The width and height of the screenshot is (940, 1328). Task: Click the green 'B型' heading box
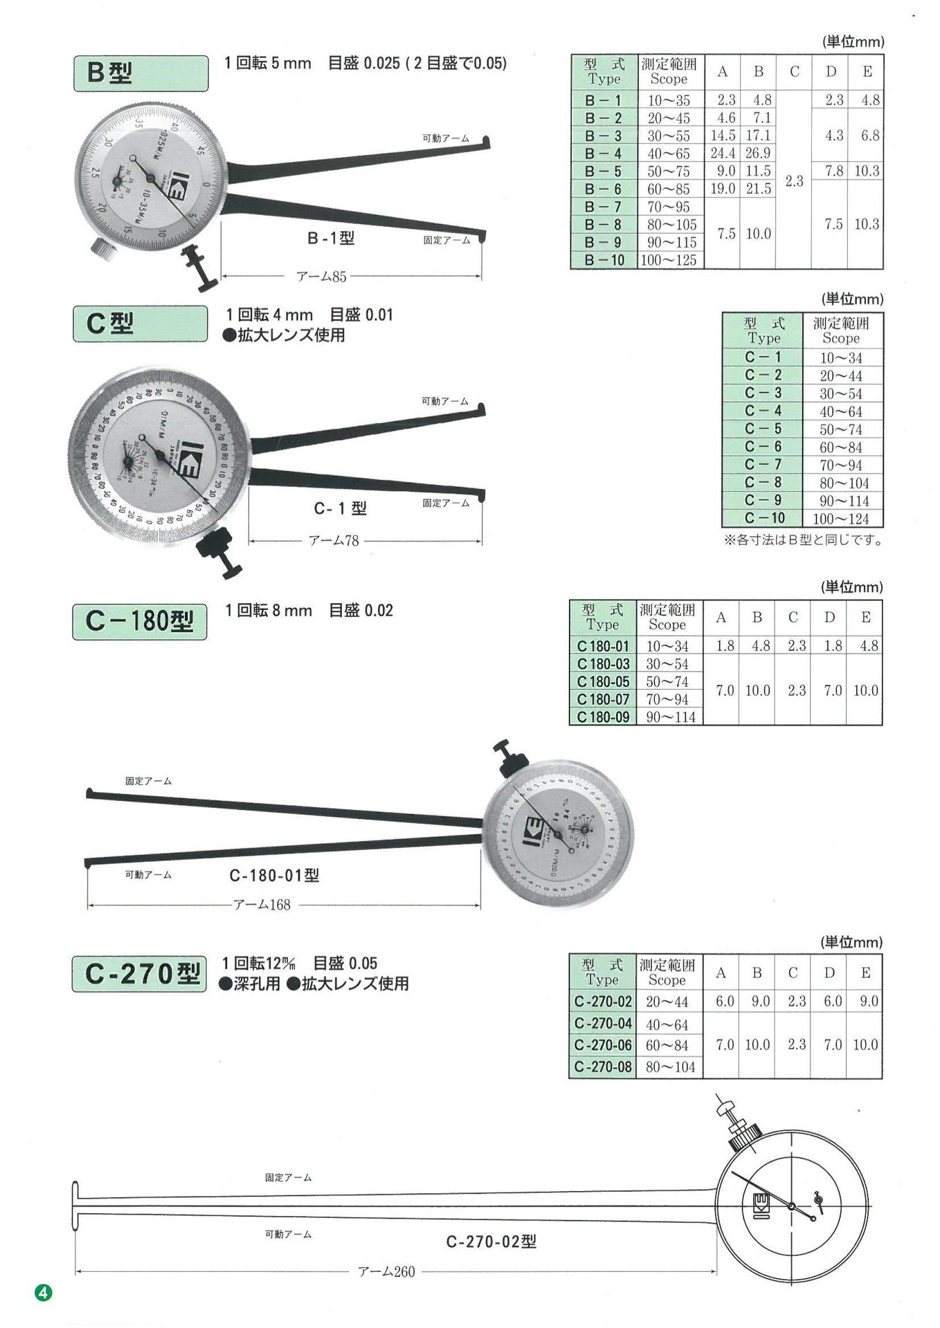click(x=141, y=73)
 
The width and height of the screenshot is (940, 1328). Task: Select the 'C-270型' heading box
click(x=139, y=974)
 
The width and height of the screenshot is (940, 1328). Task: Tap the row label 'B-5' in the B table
click(x=603, y=172)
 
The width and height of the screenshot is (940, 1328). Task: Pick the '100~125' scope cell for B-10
click(x=669, y=261)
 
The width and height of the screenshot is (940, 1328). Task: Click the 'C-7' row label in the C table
click(x=763, y=465)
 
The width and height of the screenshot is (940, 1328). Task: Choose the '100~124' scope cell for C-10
click(x=841, y=519)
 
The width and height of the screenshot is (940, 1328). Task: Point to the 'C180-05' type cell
click(x=603, y=682)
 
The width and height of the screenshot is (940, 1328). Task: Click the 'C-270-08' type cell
click(x=603, y=1067)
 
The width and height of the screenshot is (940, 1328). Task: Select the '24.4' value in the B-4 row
click(x=722, y=154)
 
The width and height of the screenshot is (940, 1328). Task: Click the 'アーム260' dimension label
click(x=386, y=1272)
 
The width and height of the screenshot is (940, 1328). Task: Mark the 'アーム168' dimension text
click(x=262, y=905)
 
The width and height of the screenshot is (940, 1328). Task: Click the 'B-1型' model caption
click(x=331, y=239)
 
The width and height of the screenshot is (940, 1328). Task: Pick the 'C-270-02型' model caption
click(x=491, y=1242)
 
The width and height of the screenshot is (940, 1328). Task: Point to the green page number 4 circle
click(x=44, y=1292)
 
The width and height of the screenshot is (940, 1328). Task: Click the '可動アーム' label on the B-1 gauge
click(x=446, y=138)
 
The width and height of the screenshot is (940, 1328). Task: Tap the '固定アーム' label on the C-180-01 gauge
click(x=148, y=781)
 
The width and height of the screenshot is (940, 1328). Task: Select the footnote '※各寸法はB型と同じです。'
click(x=803, y=540)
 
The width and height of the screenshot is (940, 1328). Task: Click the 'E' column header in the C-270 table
click(x=865, y=973)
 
